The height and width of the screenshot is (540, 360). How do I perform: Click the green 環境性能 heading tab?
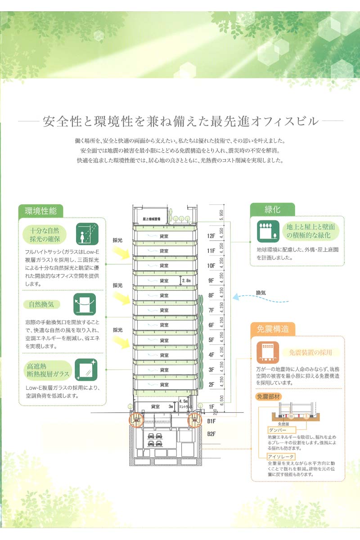40,211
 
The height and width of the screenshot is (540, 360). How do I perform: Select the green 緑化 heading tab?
272,209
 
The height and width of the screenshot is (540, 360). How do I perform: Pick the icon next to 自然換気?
84,304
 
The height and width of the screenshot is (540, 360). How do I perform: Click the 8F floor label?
211,295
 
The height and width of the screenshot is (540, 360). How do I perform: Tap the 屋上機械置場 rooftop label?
152,218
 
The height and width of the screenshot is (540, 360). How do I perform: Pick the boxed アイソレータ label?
281,457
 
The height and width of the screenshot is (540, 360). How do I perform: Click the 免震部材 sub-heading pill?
268,397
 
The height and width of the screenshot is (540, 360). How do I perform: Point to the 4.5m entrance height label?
183,400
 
